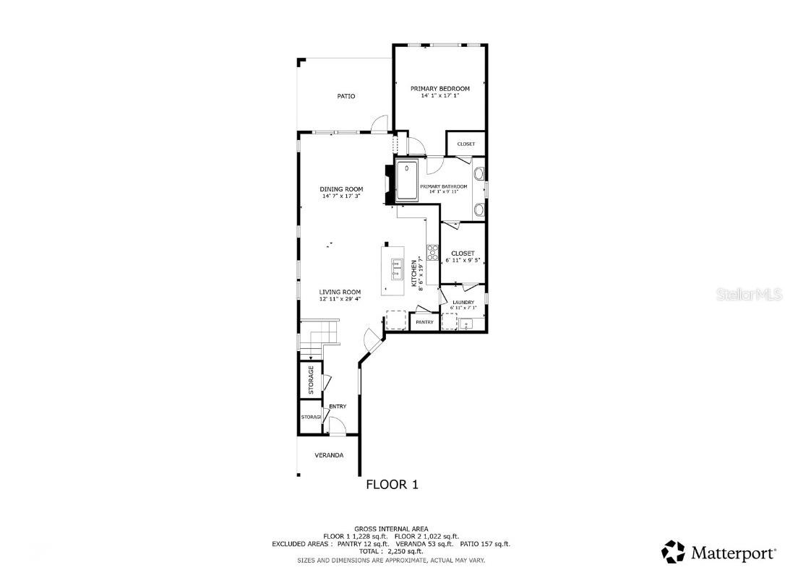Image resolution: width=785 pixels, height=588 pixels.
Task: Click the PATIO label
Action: click(x=346, y=96)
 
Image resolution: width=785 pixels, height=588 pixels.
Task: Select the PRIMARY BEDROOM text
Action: click(x=439, y=89)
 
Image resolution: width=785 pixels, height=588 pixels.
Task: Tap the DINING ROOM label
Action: click(x=341, y=189)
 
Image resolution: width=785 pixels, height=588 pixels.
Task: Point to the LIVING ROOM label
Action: click(x=341, y=293)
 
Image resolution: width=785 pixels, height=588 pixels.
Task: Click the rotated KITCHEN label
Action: click(x=414, y=274)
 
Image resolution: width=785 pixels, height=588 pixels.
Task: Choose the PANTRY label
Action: click(x=424, y=322)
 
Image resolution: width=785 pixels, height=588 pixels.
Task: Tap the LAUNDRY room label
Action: click(x=463, y=303)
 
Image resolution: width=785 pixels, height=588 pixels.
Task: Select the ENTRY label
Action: click(x=338, y=407)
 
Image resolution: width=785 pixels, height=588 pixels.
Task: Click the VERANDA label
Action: click(x=328, y=455)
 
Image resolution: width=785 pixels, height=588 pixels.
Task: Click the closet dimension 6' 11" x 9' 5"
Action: click(x=463, y=260)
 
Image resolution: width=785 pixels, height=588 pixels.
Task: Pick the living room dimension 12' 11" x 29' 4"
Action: click(x=341, y=299)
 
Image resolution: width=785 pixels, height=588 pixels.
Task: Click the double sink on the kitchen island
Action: click(x=397, y=269)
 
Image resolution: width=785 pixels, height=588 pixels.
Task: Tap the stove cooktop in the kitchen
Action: click(x=433, y=252)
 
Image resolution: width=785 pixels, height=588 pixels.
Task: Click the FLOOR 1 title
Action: click(x=392, y=485)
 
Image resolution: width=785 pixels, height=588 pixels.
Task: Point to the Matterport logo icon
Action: click(x=674, y=553)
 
